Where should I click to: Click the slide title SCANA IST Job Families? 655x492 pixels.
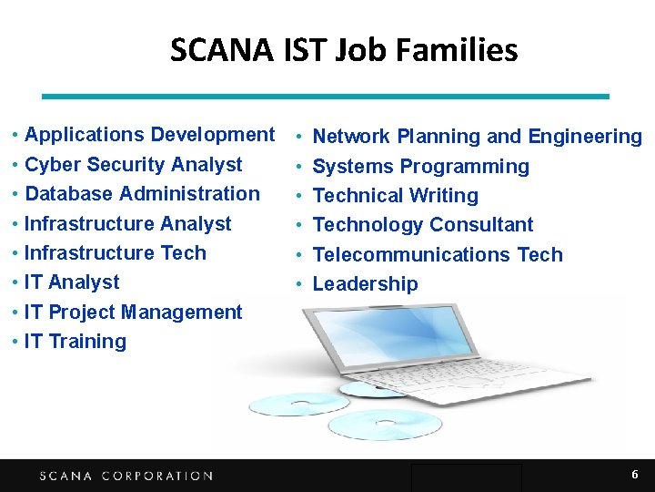(344, 49)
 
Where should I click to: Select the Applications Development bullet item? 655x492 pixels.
(149, 135)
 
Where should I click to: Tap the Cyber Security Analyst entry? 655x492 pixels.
(133, 165)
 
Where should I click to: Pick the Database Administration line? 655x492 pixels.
(142, 194)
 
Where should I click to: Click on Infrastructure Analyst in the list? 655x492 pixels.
(127, 224)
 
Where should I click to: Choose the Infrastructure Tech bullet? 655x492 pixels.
(115, 253)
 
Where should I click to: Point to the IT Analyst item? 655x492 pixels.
(72, 282)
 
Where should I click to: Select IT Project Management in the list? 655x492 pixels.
(133, 313)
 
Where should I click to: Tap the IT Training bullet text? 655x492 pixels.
(76, 342)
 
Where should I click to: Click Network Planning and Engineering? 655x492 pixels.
(477, 137)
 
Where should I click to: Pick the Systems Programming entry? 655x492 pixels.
(420, 167)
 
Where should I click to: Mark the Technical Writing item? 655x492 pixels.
(395, 196)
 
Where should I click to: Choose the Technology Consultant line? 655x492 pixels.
(423, 225)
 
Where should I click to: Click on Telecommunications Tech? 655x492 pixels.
(438, 255)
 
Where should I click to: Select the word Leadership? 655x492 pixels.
(365, 284)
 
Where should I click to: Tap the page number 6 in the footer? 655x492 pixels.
(635, 475)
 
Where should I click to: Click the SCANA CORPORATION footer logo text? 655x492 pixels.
(126, 476)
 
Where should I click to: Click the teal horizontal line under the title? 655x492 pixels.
(327, 96)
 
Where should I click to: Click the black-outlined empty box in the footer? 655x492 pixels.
(466, 477)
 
